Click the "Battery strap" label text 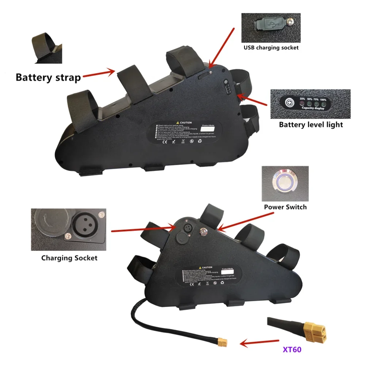tap(48, 77)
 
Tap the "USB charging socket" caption tap(271, 47)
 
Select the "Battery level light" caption tap(311, 124)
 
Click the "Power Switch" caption tap(285, 207)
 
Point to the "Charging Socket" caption tap(69, 258)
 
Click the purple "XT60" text tap(292, 350)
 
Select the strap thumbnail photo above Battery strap tap(46, 47)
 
